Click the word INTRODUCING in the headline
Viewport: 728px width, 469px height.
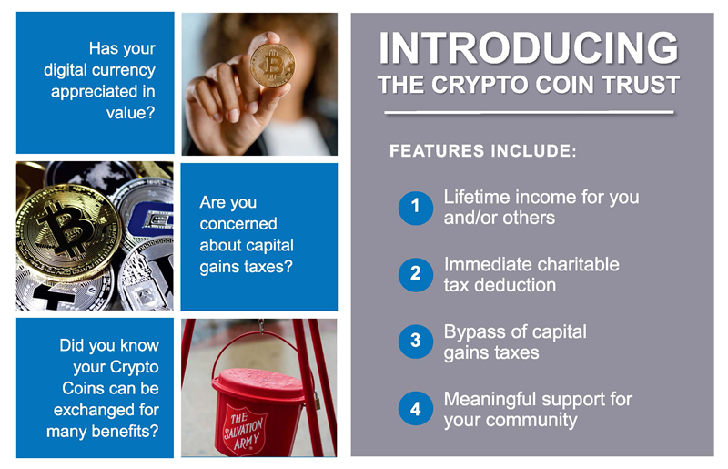point(529,47)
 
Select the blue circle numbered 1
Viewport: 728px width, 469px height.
point(416,208)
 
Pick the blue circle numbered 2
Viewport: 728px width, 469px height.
point(416,275)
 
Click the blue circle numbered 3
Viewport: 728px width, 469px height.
point(416,342)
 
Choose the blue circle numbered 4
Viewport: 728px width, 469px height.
point(416,409)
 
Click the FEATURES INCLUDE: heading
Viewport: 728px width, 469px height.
point(483,151)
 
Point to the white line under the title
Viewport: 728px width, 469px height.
point(529,113)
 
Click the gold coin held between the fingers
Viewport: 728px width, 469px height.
point(272,65)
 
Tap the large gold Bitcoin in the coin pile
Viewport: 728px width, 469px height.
point(67,232)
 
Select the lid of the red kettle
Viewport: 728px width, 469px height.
point(258,383)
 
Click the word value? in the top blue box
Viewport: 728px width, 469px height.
point(130,113)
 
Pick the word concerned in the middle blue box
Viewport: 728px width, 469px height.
point(238,224)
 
